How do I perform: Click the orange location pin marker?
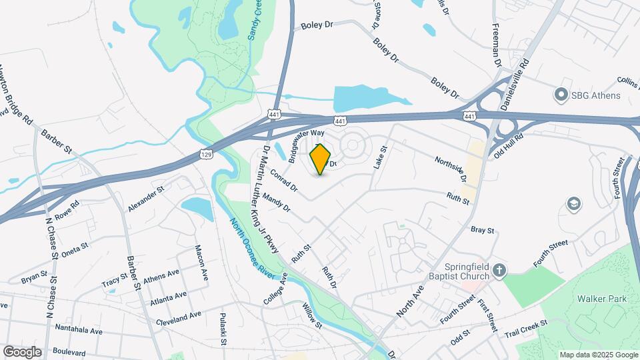point(321,159)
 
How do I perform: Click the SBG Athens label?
point(595,95)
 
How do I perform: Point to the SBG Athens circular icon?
point(561,95)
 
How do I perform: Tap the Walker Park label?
point(602,299)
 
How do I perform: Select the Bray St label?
point(482,230)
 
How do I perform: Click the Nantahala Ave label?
point(79,330)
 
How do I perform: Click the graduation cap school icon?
point(572,203)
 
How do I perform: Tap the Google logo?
point(22,351)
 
